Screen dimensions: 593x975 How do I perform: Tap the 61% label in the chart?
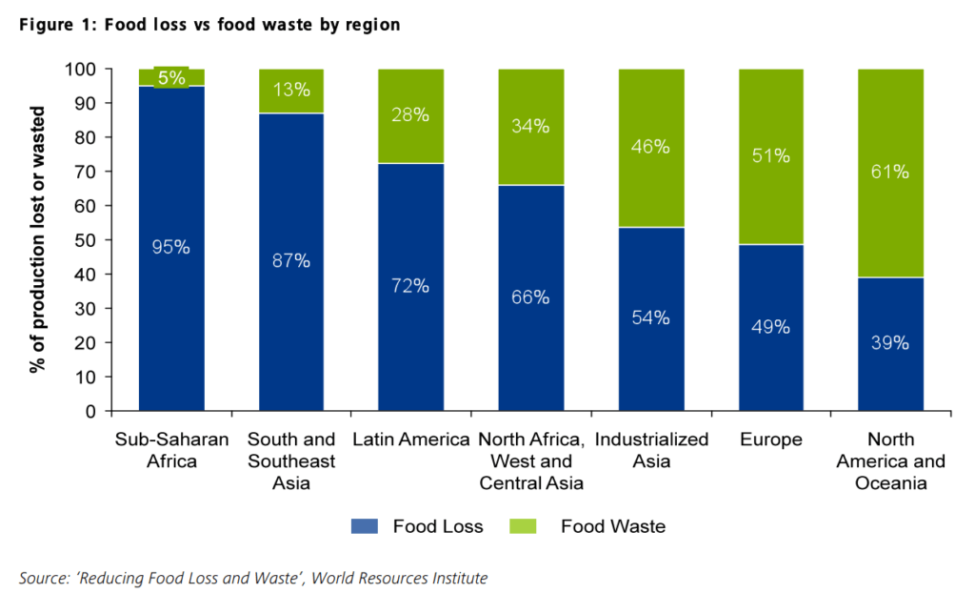890,173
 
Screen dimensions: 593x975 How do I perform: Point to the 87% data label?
291,260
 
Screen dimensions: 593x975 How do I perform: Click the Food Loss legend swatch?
366,525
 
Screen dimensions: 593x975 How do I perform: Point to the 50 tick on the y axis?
89,240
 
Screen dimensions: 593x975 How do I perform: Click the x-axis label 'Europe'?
770,440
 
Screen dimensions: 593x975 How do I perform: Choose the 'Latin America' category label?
411,440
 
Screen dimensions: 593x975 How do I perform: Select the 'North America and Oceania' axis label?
891,461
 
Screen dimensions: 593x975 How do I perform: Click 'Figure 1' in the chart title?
51,25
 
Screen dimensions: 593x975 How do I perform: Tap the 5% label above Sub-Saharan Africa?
171,78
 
